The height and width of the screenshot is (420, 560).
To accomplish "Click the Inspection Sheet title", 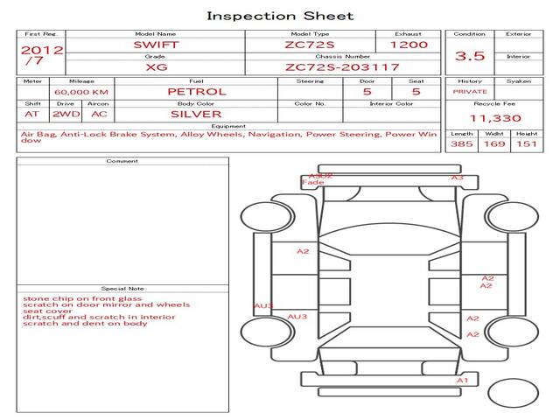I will pyautogui.click(x=280, y=16).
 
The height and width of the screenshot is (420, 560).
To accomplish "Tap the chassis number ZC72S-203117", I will pyautogui.click(x=342, y=66).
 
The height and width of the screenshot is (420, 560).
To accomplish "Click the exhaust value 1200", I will pyautogui.click(x=409, y=44).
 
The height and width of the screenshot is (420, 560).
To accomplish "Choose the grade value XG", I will pyautogui.click(x=156, y=66).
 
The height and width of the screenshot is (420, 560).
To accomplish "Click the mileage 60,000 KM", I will pyautogui.click(x=80, y=92).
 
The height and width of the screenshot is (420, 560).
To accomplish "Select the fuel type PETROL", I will pyautogui.click(x=197, y=91).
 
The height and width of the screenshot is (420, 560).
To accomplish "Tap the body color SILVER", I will pyautogui.click(x=196, y=114).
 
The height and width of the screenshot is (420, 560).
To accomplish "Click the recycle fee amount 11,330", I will pyautogui.click(x=495, y=118).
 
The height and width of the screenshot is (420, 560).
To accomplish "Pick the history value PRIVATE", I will pyautogui.click(x=470, y=91).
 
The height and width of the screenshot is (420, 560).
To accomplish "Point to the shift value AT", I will pyautogui.click(x=31, y=114).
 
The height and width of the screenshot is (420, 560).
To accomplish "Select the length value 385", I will pyautogui.click(x=462, y=143).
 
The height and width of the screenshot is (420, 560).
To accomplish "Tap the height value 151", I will pyautogui.click(x=526, y=143).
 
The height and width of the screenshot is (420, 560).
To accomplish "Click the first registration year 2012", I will pyautogui.click(x=41, y=50).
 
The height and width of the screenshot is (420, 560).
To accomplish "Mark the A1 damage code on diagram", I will pyautogui.click(x=464, y=381).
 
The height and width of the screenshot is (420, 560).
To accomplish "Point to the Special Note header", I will pyautogui.click(x=122, y=288).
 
